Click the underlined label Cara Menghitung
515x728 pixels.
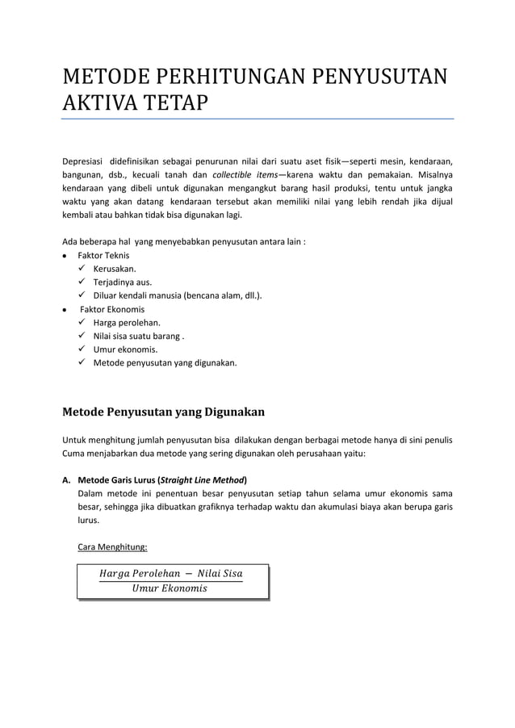(x=112, y=547)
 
